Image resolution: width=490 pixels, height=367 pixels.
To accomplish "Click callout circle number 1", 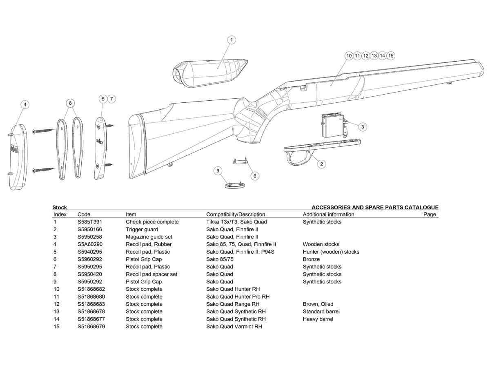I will pyautogui.click(x=232, y=40).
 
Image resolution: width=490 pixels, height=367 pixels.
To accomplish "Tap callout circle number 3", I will pyautogui.click(x=362, y=127).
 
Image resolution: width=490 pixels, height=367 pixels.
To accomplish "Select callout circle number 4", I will pyautogui.click(x=25, y=105).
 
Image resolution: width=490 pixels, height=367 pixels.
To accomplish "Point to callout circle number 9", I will pyautogui.click(x=218, y=170).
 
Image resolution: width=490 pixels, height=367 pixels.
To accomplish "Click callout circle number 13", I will pyautogui.click(x=374, y=55).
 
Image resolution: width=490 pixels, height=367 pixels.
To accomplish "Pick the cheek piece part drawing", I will pyautogui.click(x=210, y=72).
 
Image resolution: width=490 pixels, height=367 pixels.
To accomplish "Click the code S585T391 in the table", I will pyautogui.click(x=89, y=222).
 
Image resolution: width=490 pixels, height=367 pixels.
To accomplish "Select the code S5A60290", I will pyautogui.click(x=90, y=244).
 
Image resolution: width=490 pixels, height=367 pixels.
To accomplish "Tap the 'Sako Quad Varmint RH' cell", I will pyautogui.click(x=234, y=327).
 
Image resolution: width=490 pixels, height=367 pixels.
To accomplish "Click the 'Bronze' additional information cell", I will pyautogui.click(x=311, y=259).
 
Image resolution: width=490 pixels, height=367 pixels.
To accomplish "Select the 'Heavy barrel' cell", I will pyautogui.click(x=318, y=319).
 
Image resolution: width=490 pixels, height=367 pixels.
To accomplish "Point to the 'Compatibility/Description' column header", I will pyautogui.click(x=236, y=214).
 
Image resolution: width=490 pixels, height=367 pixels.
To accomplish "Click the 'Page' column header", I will pyautogui.click(x=430, y=214).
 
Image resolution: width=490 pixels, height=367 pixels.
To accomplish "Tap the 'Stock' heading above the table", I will pyautogui.click(x=60, y=208).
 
